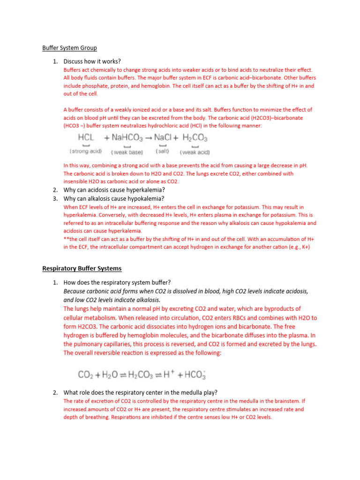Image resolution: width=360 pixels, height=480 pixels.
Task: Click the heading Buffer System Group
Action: [x=69, y=48]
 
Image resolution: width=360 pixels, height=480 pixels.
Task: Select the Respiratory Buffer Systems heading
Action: [x=82, y=269]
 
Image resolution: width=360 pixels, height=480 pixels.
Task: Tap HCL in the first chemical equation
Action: [x=86, y=138]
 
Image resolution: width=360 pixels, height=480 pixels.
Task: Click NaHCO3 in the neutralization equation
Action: [x=124, y=138]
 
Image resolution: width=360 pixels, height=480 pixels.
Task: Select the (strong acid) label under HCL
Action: [x=86, y=151]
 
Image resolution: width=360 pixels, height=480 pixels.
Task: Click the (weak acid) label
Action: [x=195, y=152]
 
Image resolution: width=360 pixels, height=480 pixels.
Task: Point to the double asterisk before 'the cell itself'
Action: [x=66, y=239]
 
